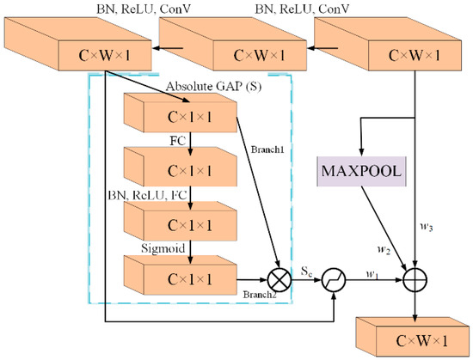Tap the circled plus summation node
pyautogui.click(x=416, y=280)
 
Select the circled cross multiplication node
pyautogui.click(x=279, y=280)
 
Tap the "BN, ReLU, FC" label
pyautogui.click(x=147, y=194)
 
